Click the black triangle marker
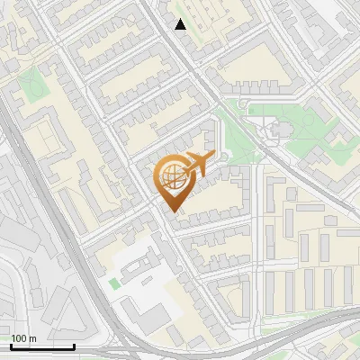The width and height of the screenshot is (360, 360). [181, 24]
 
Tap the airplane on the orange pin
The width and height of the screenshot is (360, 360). [196, 165]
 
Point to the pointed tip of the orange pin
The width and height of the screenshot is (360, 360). [172, 211]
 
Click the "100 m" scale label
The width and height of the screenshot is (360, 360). [24, 338]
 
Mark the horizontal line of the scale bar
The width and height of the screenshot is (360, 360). [42, 346]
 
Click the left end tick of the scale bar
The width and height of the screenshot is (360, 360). [11, 344]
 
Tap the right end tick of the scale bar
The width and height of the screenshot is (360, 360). [74, 344]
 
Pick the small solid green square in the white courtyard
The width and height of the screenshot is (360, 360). [114, 284]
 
